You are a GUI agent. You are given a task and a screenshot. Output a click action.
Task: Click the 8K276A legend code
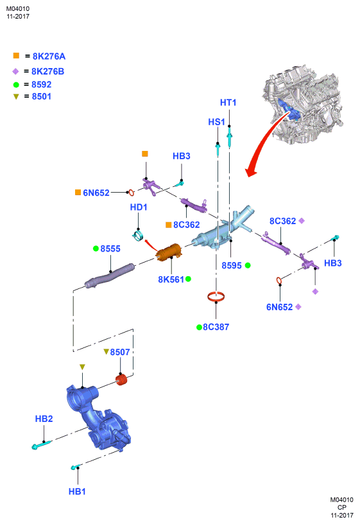pos(49,57)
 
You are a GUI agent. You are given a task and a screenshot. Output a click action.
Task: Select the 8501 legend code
pos(42,96)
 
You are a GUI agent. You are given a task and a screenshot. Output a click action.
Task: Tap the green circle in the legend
pos(16,85)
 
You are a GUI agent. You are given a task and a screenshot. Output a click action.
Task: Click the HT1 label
pos(228,103)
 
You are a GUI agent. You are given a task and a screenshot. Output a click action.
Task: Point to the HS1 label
pos(216,122)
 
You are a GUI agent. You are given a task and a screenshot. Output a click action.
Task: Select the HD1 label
pos(139,207)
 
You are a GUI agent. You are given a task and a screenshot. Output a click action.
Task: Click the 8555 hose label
pos(110,249)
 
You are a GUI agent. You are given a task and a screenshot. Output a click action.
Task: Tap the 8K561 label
pos(171,279)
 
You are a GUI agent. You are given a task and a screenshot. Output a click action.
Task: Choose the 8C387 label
pos(216,327)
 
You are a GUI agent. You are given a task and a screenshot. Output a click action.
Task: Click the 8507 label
pos(120,353)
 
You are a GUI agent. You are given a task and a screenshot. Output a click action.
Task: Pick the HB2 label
pos(44,419)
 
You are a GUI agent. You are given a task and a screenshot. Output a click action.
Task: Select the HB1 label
pos(77,492)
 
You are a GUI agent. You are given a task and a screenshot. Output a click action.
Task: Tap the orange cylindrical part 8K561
pos(169,252)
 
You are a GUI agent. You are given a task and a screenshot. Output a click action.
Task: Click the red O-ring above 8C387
pos(216,296)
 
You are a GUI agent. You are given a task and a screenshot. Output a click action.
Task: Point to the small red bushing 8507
pos(122,380)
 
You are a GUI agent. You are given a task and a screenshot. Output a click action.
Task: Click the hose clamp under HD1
pos(138,236)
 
